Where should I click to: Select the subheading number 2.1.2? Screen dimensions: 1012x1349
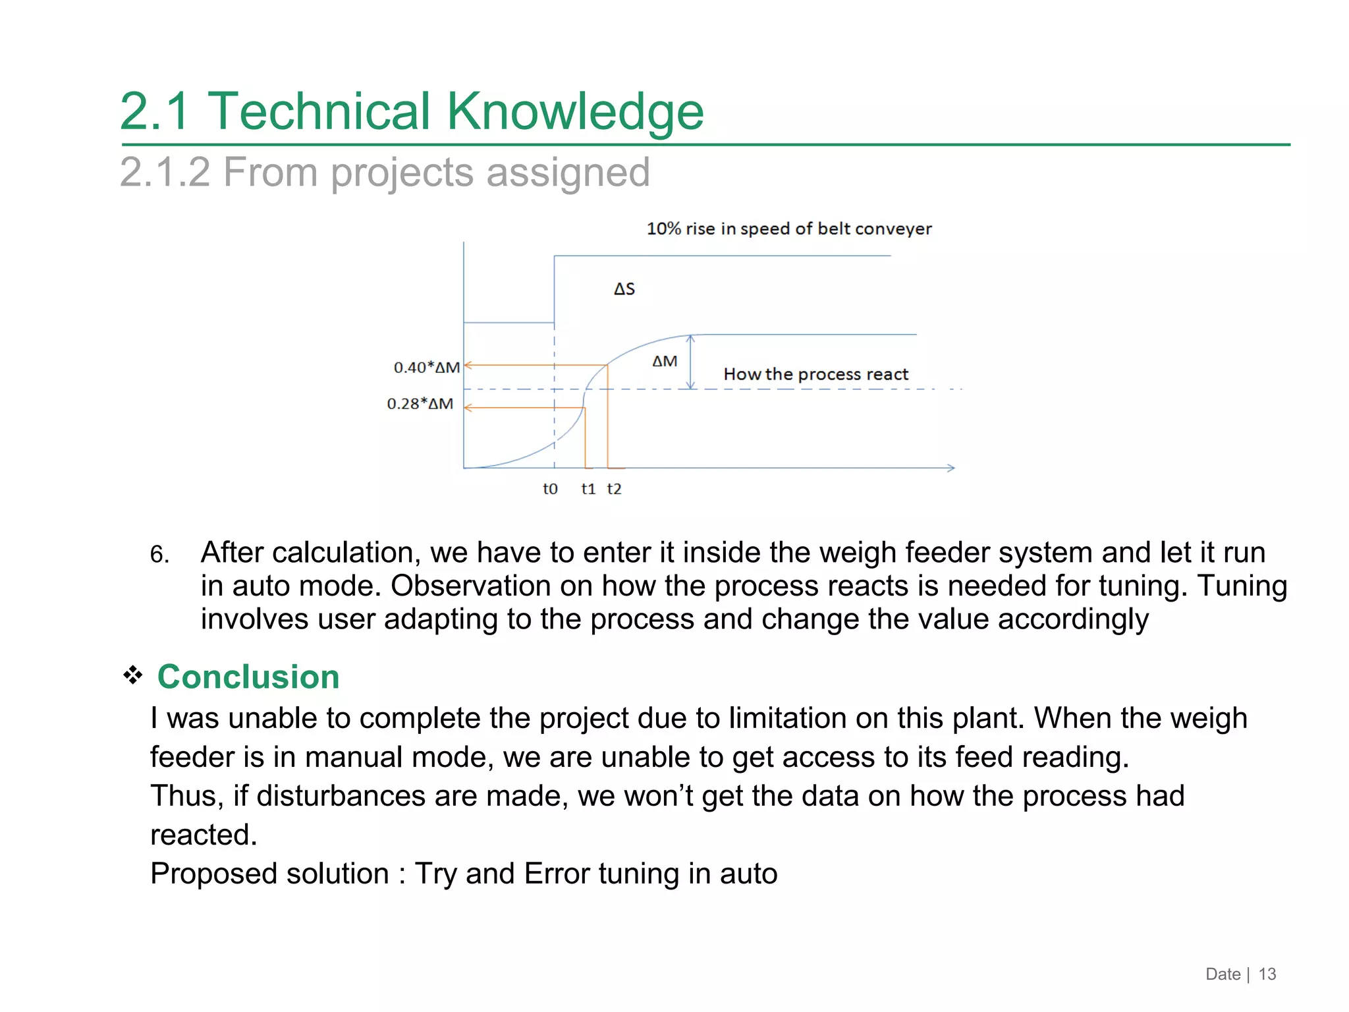click(165, 173)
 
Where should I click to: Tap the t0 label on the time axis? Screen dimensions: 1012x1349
click(550, 489)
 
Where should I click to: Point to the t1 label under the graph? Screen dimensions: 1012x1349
click(588, 489)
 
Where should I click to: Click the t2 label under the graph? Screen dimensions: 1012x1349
click(614, 489)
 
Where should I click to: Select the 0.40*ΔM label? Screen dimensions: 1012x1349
click(426, 368)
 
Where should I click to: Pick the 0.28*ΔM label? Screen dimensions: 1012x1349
click(420, 404)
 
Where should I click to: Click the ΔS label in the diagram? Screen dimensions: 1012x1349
click(624, 289)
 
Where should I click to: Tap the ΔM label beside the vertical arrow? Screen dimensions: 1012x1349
click(664, 362)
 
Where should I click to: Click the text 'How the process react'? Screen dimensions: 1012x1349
click(815, 374)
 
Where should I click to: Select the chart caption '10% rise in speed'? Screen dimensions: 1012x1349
click(788, 229)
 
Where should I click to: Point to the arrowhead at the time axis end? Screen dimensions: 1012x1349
click(951, 468)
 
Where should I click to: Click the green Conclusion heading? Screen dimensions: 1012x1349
click(248, 677)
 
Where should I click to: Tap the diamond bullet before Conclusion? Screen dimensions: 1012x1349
click(133, 675)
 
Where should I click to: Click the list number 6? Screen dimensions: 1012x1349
click(159, 555)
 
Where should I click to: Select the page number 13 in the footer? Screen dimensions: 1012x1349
click(1267, 974)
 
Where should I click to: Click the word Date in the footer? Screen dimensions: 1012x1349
click(1223, 974)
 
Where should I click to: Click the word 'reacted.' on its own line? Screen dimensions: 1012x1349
click(203, 835)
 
